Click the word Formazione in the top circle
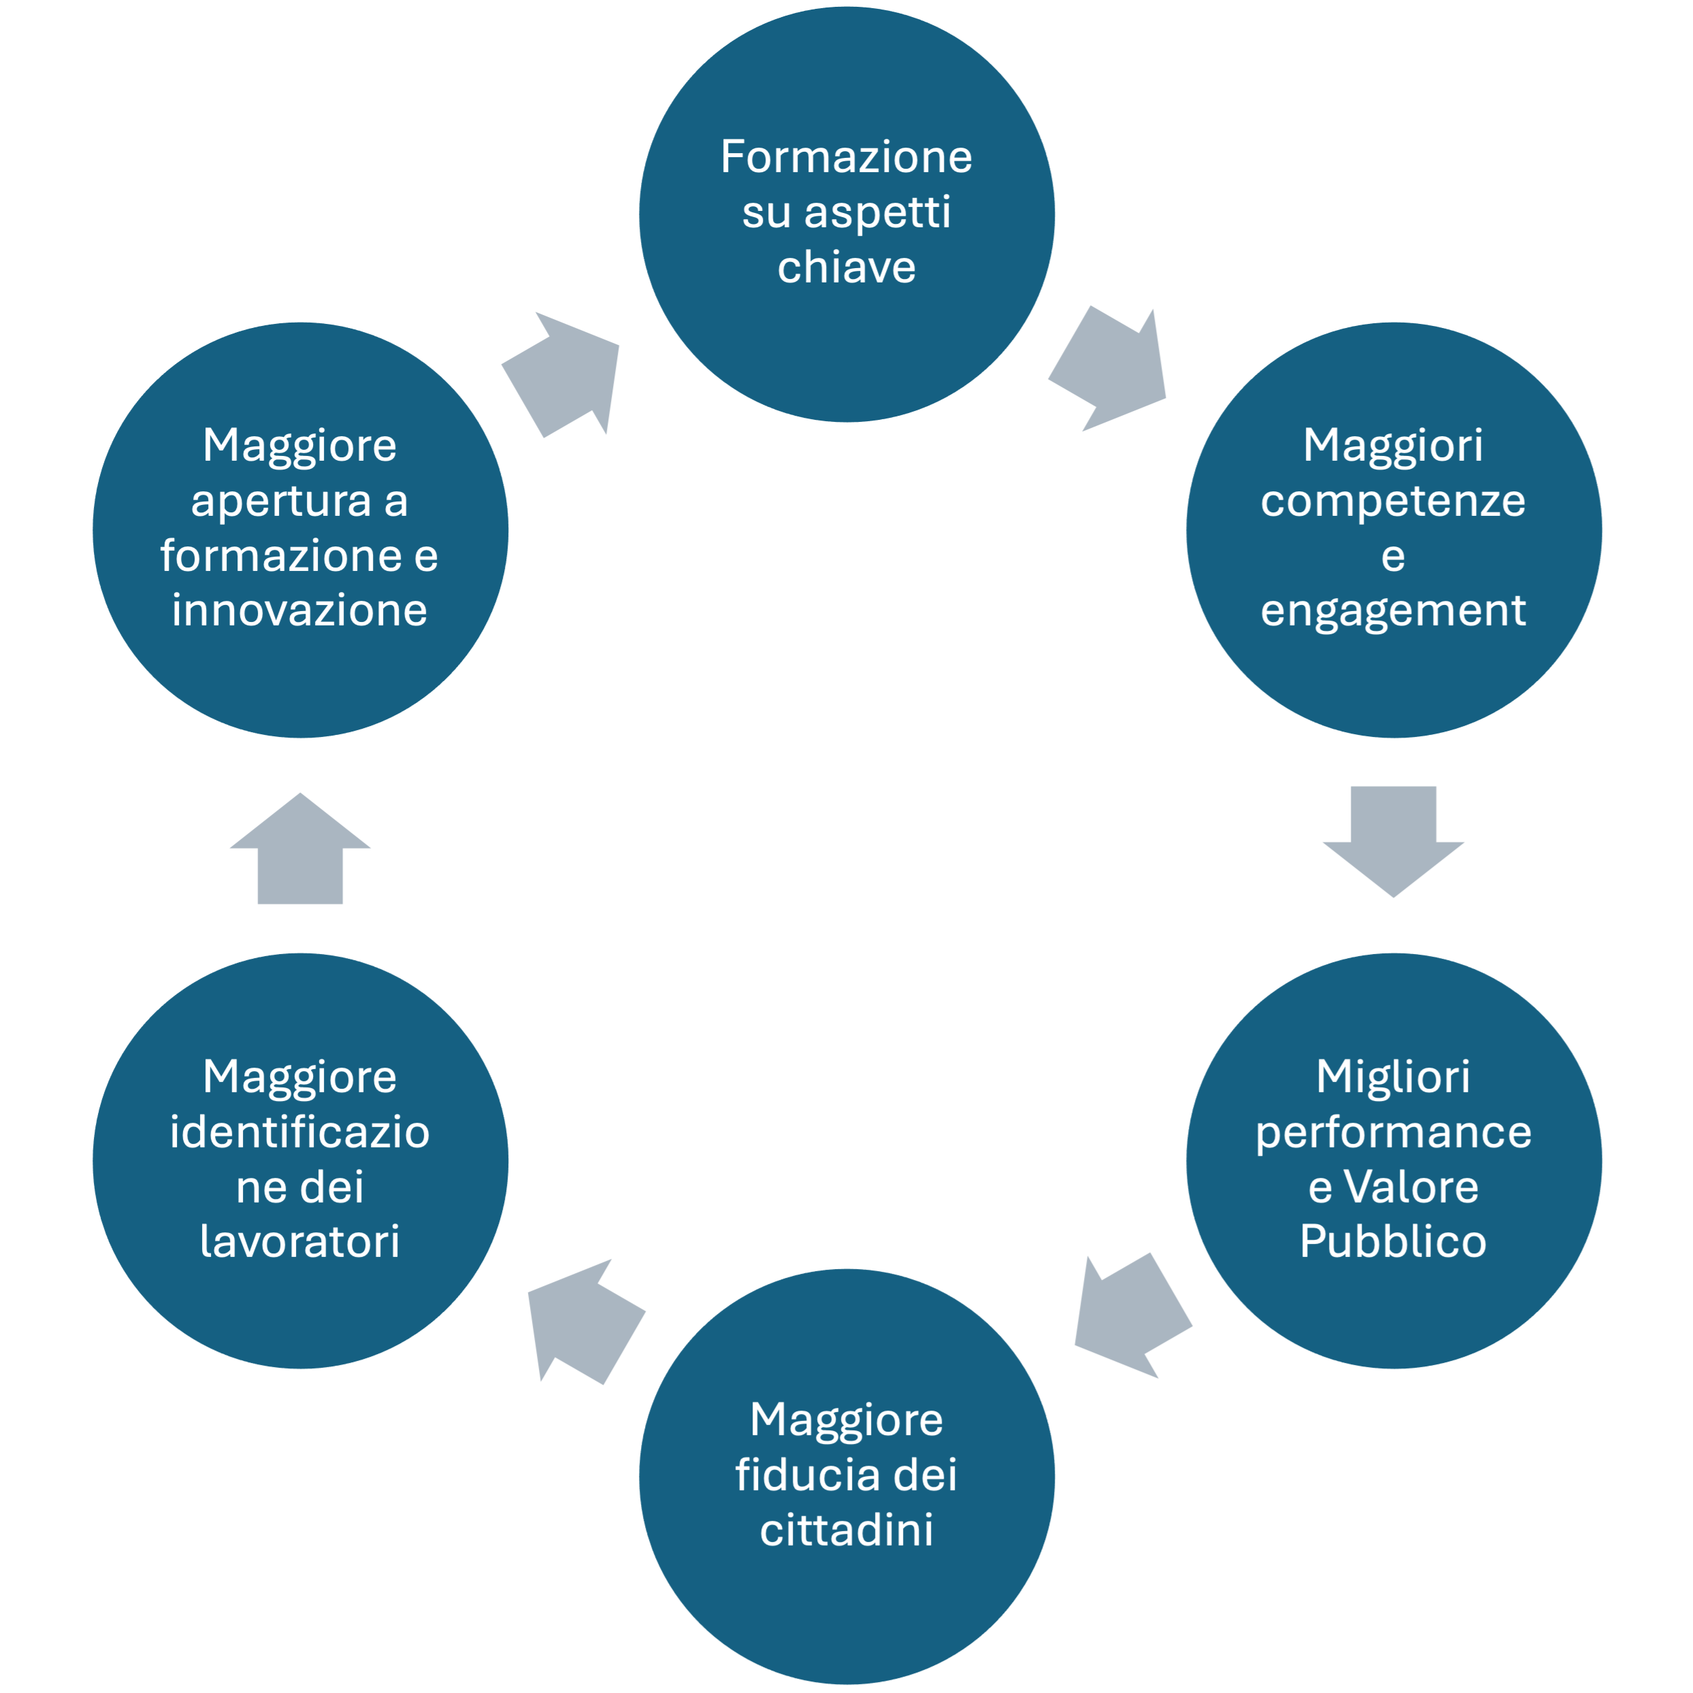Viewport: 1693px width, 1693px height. pyautogui.click(x=846, y=157)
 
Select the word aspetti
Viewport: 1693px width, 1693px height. pyautogui.click(x=877, y=214)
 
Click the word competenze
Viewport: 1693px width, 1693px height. pyautogui.click(x=1394, y=502)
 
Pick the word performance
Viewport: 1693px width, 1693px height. pyautogui.click(x=1394, y=1133)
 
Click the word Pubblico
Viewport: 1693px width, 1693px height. pyautogui.click(x=1394, y=1241)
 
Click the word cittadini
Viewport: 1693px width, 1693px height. pyautogui.click(x=846, y=1530)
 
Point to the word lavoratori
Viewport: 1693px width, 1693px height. pyautogui.click(x=299, y=1241)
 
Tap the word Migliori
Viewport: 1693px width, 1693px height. pyautogui.click(x=1394, y=1077)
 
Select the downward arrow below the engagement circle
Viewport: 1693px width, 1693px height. pyautogui.click(x=1394, y=841)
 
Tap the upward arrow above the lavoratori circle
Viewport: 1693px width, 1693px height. pyautogui.click(x=299, y=849)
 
